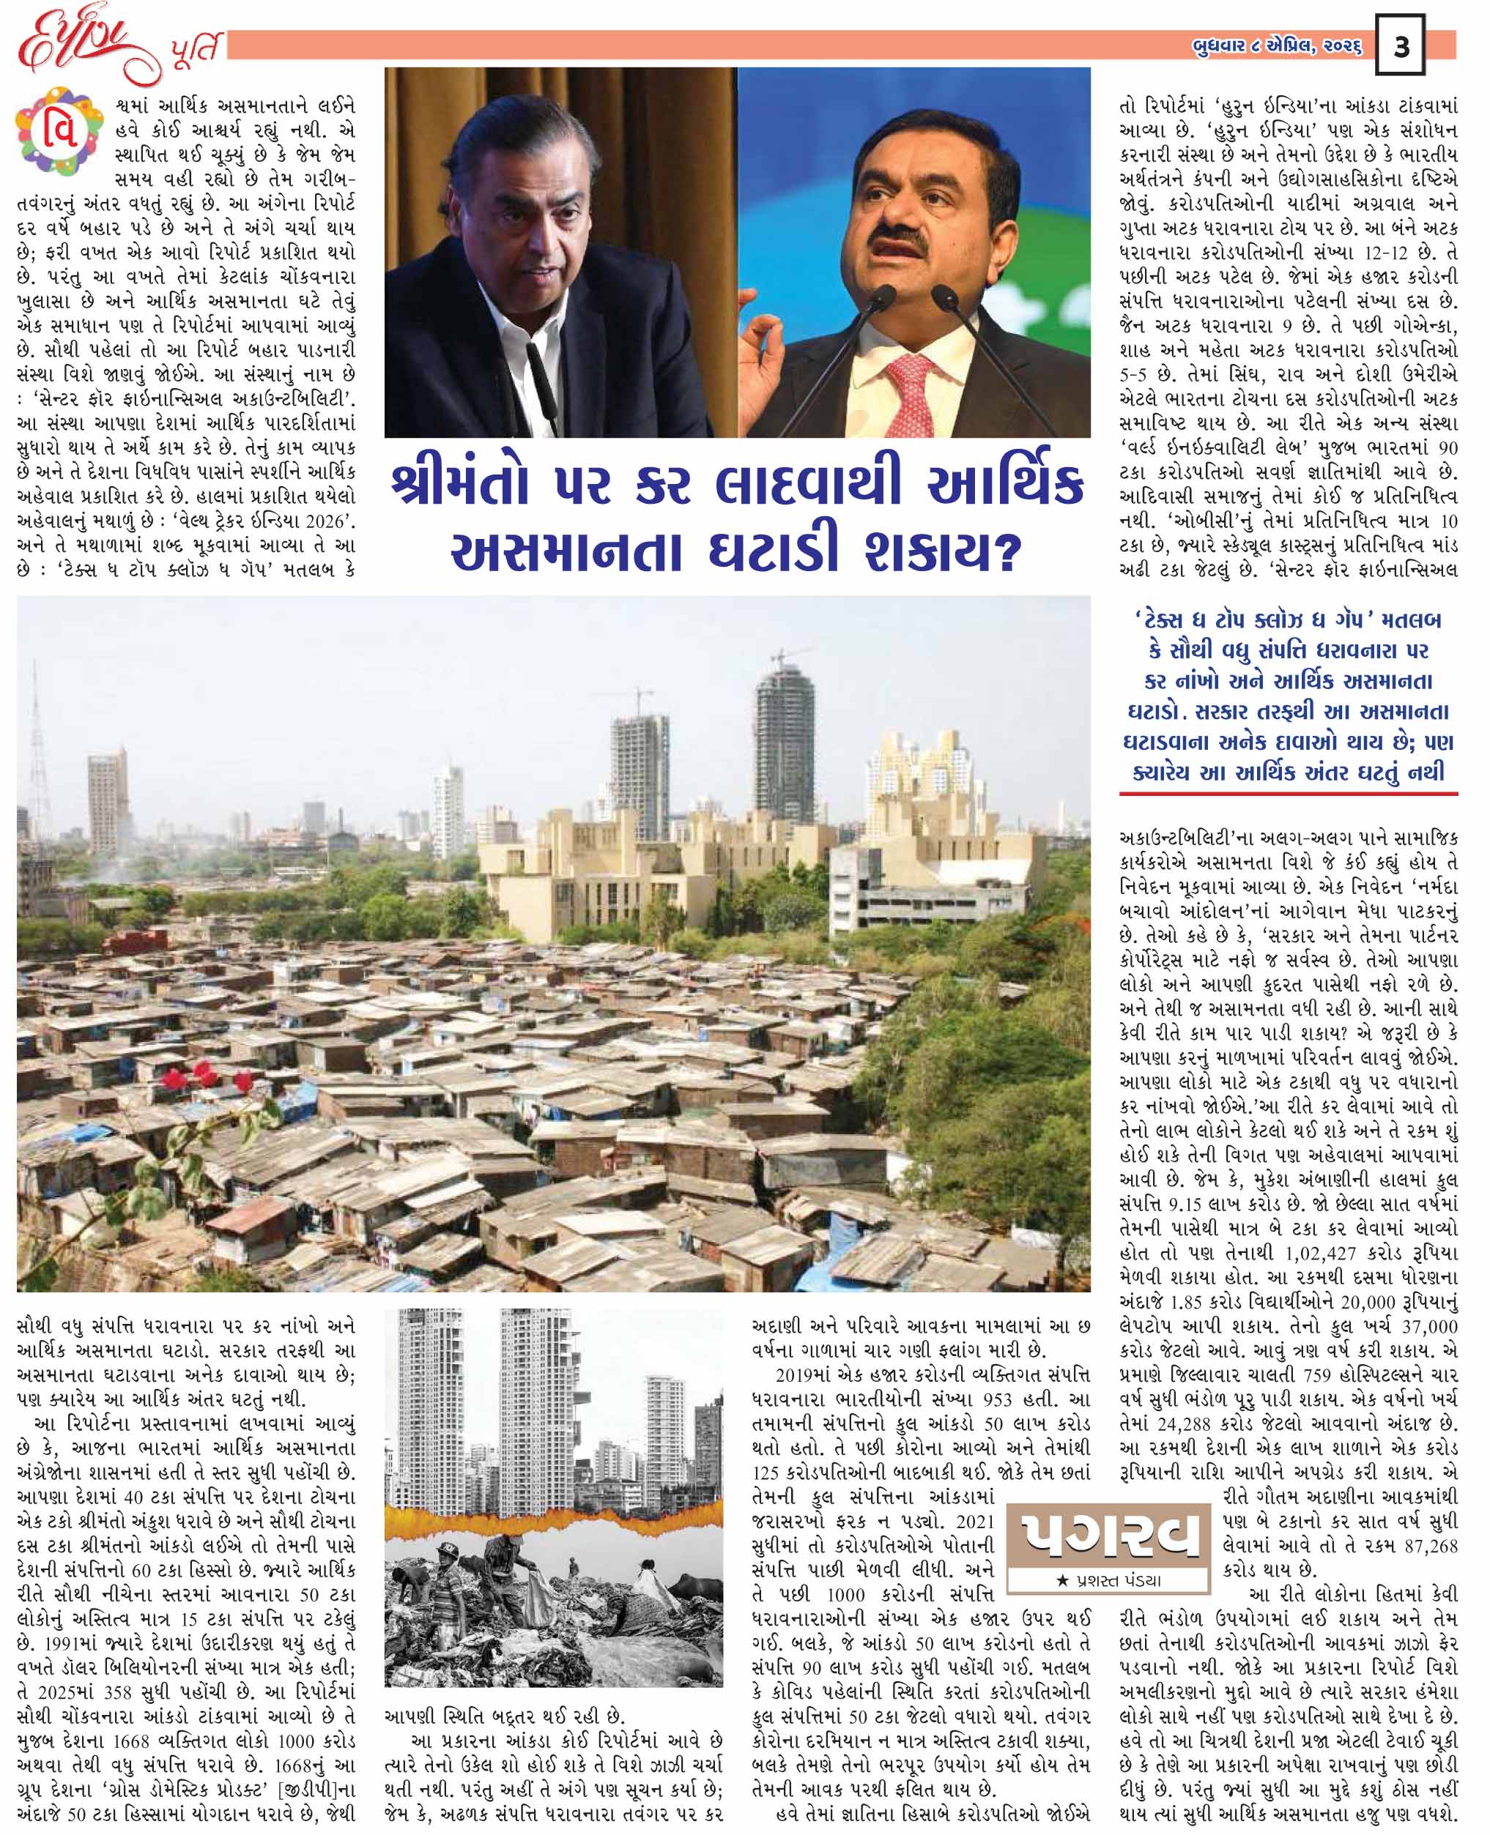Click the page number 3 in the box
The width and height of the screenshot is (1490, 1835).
(x=1401, y=47)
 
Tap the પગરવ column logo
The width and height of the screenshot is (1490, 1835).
(x=1112, y=1534)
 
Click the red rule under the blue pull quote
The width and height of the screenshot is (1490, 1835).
(x=1287, y=794)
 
